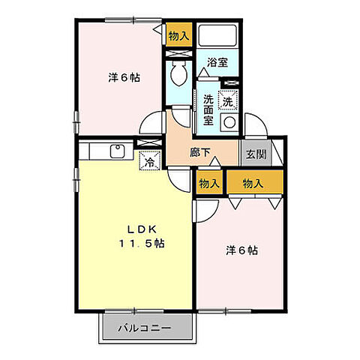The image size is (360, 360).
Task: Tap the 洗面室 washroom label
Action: [x=209, y=107]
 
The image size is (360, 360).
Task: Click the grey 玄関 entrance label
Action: [x=254, y=155]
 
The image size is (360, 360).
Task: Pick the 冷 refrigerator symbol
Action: [x=148, y=160]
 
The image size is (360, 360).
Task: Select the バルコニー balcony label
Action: [x=145, y=328]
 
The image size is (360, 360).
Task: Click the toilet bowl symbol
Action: [x=179, y=74]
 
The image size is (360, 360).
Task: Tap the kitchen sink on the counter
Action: [x=118, y=150]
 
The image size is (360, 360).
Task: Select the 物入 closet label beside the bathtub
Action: [x=178, y=35]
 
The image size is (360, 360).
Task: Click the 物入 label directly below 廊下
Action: [x=209, y=183]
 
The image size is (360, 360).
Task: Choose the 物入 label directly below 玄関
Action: [x=253, y=183]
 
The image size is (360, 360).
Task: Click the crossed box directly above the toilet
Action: [x=179, y=55]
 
